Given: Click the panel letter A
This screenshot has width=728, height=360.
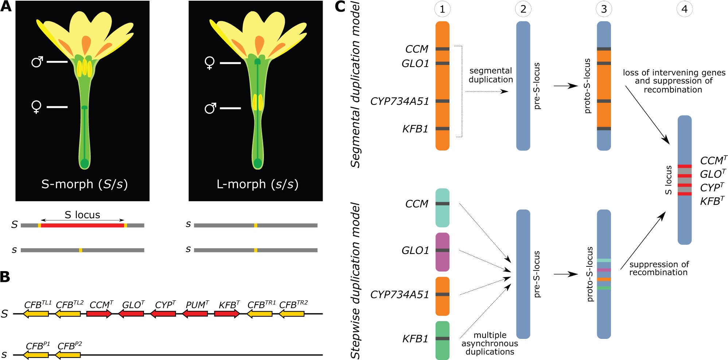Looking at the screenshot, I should [6, 7].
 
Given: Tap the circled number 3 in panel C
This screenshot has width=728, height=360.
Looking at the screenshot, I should [604, 9].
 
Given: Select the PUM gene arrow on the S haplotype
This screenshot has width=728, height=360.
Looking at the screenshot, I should [195, 313].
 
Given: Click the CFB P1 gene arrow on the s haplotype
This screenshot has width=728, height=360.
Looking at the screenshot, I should [36, 355].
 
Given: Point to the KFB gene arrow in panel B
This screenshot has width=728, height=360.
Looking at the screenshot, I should [227, 313].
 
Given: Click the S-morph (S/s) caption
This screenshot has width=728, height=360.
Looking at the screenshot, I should [84, 184].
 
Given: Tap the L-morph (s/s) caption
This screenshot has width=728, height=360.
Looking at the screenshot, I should [257, 184].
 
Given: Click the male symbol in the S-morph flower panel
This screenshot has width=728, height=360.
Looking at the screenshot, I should [37, 62].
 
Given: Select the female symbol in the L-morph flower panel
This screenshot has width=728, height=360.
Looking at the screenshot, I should [210, 63].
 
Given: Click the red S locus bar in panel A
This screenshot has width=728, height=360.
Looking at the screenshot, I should [82, 226].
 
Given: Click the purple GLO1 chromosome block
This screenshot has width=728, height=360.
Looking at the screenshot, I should [442, 252].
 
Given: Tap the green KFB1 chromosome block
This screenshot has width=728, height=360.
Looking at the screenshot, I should [442, 340].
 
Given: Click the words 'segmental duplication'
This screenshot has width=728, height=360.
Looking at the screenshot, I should [491, 75].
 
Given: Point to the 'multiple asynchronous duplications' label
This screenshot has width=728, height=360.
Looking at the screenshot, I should [490, 343].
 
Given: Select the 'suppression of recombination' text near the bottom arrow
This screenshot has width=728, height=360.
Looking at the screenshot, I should [658, 268].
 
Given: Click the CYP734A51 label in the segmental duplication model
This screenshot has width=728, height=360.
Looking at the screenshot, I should [400, 101].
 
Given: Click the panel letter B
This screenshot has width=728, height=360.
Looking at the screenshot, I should [5, 277].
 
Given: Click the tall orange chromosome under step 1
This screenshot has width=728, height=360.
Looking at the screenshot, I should [442, 86].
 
